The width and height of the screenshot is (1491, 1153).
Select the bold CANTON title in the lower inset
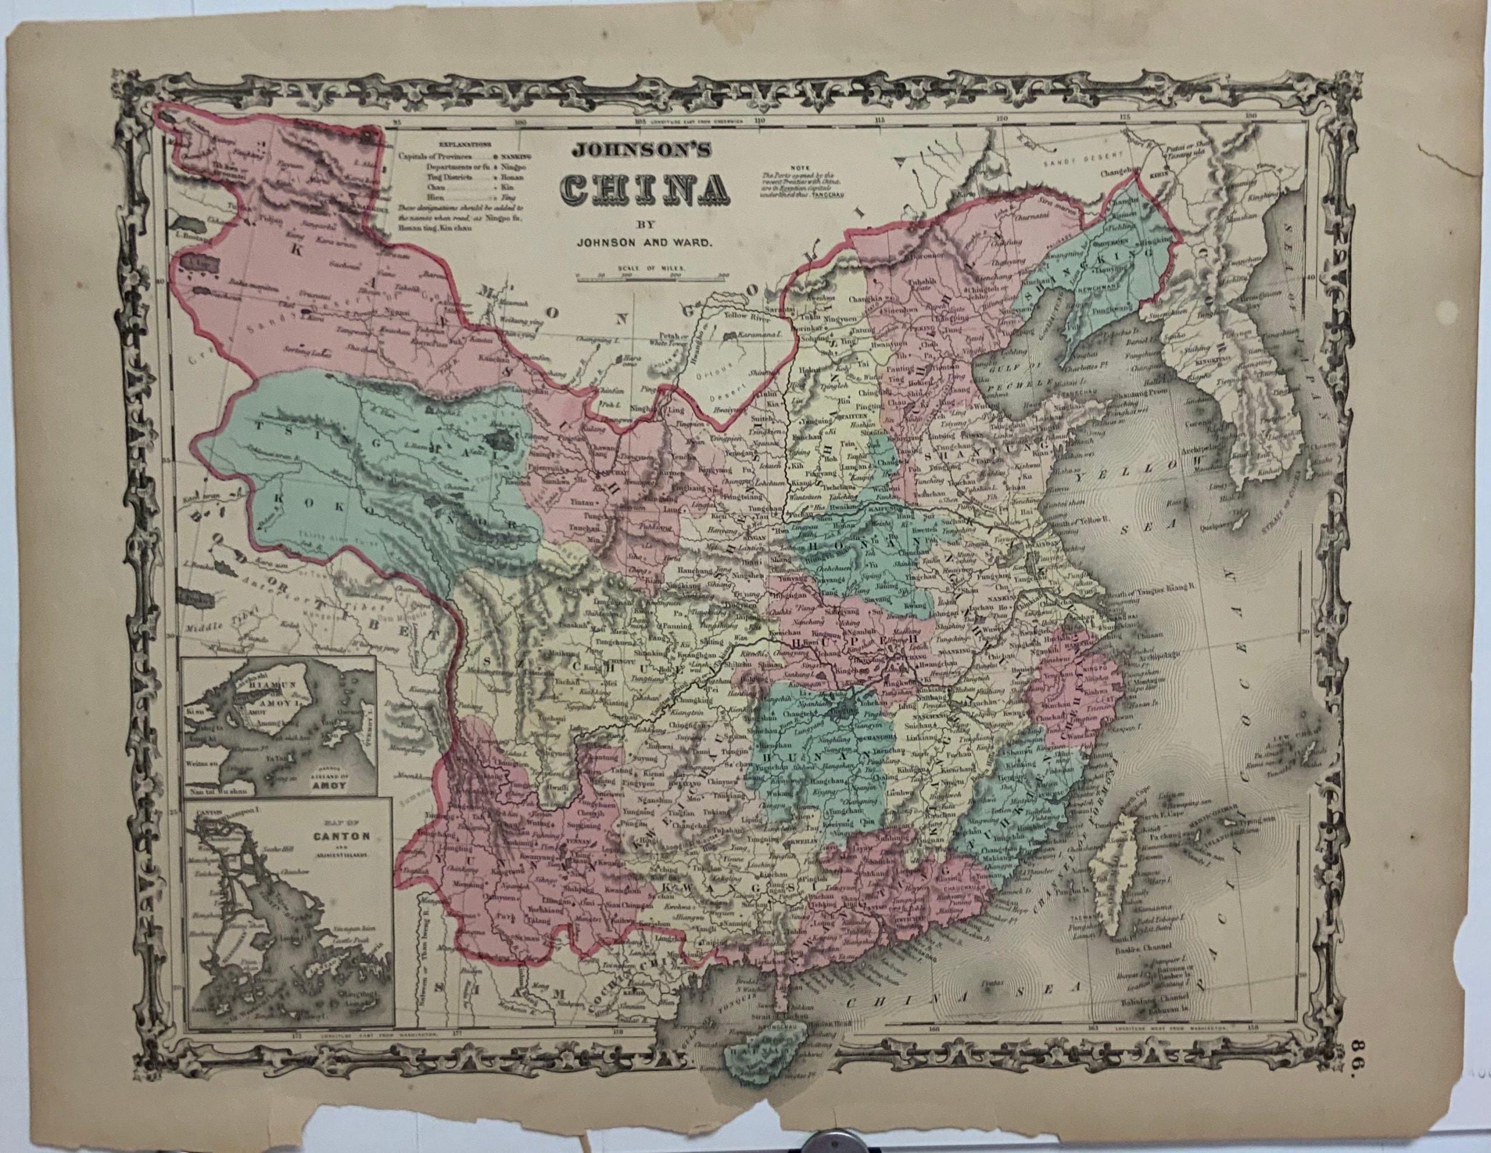click(x=333, y=835)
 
